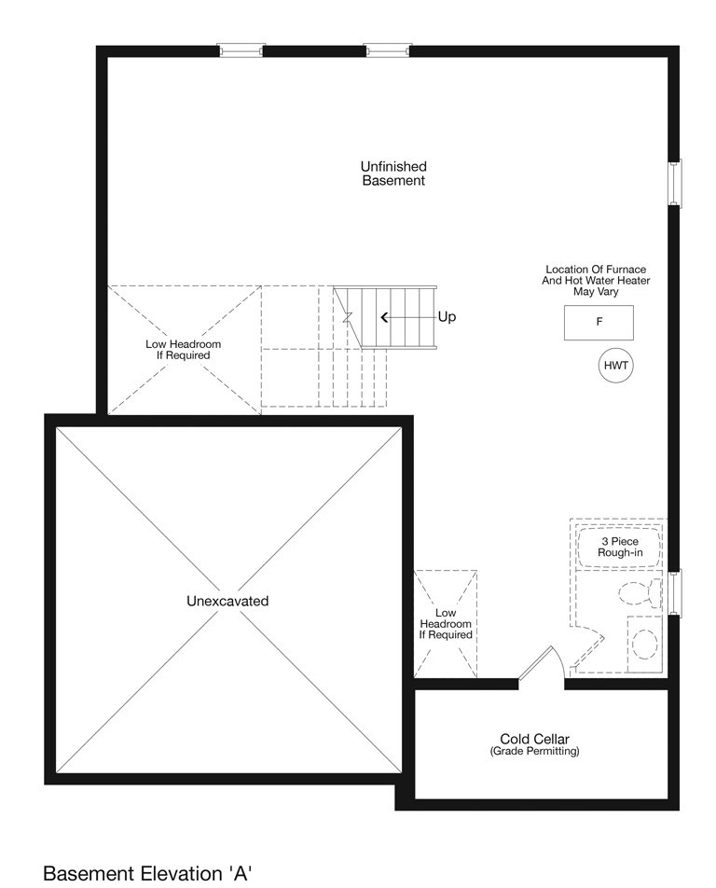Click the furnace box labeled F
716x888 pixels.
(599, 322)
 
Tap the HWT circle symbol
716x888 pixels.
(616, 366)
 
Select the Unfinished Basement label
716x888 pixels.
(393, 173)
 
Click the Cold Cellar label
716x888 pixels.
(534, 739)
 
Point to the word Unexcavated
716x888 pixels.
(227, 601)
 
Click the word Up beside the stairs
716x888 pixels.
(447, 316)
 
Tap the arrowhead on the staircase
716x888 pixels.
(384, 318)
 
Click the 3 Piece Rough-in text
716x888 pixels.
(620, 547)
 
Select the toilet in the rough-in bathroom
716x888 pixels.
(640, 592)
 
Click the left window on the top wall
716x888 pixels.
(241, 50)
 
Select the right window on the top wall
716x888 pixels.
(387, 50)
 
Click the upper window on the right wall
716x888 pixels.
(675, 183)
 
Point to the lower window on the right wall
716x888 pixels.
(675, 592)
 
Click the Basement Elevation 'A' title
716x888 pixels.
(147, 873)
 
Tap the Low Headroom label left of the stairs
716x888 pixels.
(183, 350)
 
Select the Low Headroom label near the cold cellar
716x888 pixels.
(446, 623)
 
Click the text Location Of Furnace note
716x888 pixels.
(596, 281)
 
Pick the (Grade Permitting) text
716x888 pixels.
(534, 752)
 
